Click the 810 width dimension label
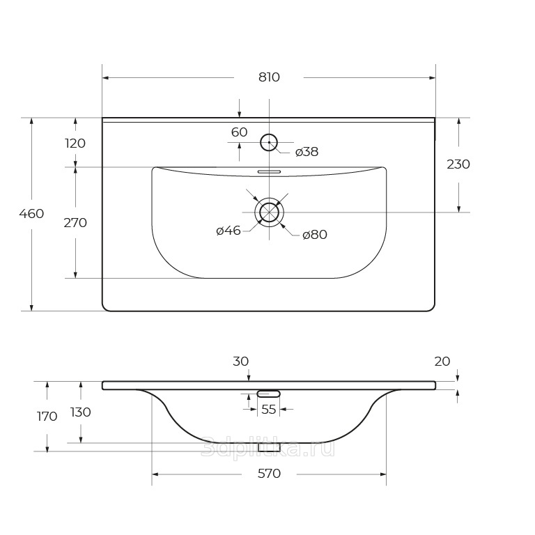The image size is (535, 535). (x=269, y=77)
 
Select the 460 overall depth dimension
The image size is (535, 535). (x=31, y=214)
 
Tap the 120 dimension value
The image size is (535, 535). (x=75, y=144)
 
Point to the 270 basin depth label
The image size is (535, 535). (x=75, y=223)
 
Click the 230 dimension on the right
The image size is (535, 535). (x=458, y=164)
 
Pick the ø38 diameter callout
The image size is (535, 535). (x=307, y=152)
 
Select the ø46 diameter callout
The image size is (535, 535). (x=228, y=231)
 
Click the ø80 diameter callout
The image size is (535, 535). (x=315, y=235)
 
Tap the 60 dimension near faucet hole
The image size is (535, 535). (x=239, y=132)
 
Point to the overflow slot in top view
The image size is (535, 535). (x=269, y=171)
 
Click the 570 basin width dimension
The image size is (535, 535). (x=269, y=474)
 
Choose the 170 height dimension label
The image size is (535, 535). (x=47, y=417)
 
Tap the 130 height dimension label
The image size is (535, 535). (x=81, y=412)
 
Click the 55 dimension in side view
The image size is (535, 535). (x=268, y=410)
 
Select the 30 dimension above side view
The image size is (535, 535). (x=241, y=362)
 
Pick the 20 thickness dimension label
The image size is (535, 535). (x=442, y=362)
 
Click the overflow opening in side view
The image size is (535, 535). (x=268, y=394)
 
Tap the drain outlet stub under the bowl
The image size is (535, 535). (x=269, y=447)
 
